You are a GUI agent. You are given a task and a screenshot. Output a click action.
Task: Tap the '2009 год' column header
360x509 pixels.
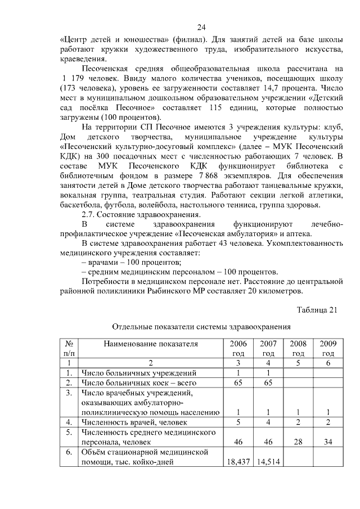328,348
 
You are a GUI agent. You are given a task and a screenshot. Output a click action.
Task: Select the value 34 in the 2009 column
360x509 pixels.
328,442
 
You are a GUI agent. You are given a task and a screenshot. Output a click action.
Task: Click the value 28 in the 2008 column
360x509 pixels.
298,442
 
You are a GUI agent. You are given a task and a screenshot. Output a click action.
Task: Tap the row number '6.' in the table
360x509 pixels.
69,452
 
